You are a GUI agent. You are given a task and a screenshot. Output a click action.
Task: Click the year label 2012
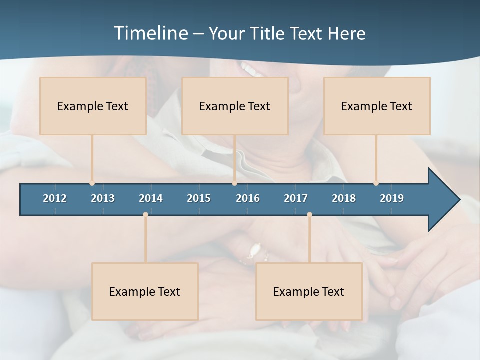point(55,198)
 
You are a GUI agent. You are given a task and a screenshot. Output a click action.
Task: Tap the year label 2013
point(103,198)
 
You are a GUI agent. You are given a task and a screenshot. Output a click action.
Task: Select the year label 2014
point(151,198)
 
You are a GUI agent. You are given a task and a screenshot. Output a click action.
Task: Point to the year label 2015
point(199,198)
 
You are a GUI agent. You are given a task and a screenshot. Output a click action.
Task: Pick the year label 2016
point(248,198)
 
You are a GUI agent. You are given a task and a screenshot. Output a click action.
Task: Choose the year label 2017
point(296,198)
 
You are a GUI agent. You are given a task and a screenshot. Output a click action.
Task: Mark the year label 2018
point(344,198)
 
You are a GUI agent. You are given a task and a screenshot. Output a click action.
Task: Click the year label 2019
point(392,198)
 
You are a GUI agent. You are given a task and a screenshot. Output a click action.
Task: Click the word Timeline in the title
point(150,33)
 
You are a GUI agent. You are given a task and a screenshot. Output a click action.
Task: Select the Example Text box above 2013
point(93,106)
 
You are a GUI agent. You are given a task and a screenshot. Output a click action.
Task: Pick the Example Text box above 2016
point(235,106)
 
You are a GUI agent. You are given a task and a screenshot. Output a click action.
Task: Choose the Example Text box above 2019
point(377,106)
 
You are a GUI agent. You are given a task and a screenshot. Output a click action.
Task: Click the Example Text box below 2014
point(145,291)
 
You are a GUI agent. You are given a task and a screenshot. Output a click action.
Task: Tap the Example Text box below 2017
point(309,291)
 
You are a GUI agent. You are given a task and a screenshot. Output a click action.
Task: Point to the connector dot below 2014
point(145,214)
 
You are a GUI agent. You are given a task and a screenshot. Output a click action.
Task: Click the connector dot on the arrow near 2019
point(376,183)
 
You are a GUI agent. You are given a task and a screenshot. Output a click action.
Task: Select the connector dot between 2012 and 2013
point(92,183)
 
